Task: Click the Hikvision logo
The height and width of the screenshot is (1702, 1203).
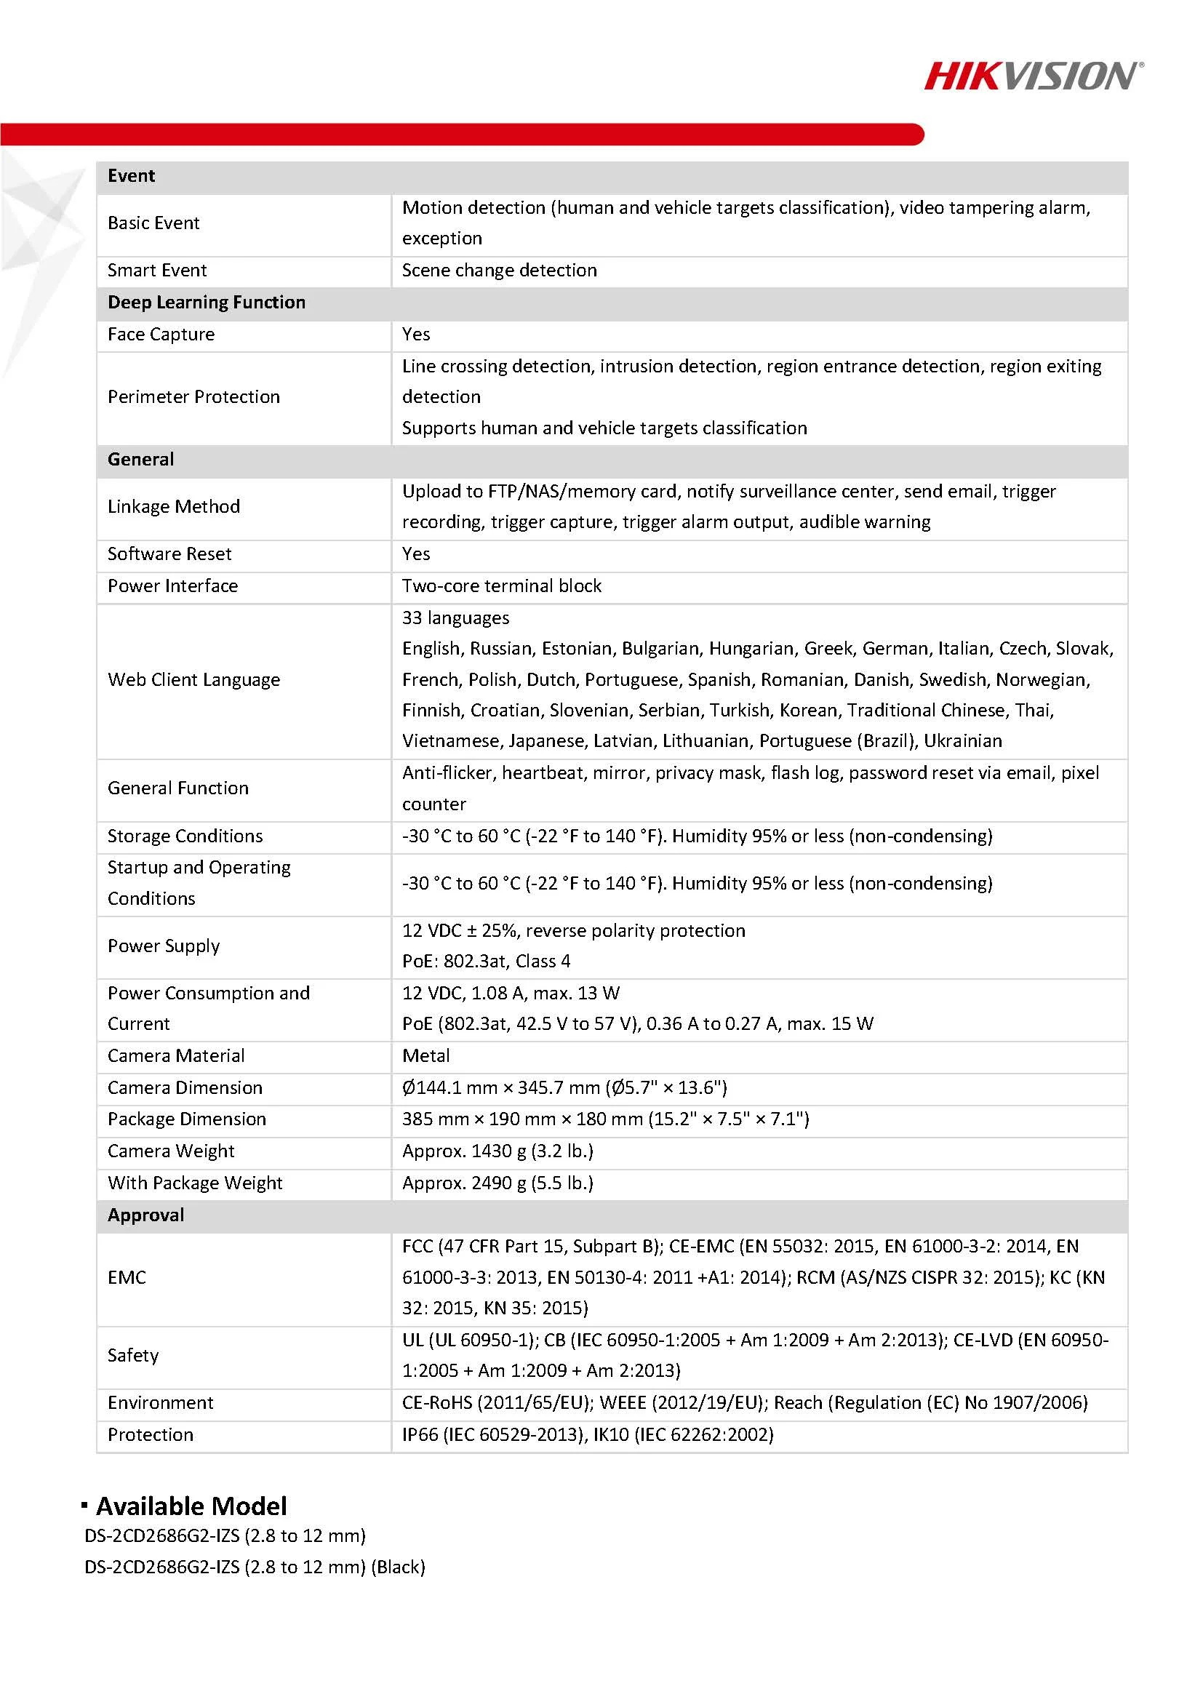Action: [x=1034, y=76]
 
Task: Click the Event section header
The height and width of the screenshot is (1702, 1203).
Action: [x=131, y=176]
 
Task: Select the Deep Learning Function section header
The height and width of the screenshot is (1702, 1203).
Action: [x=206, y=303]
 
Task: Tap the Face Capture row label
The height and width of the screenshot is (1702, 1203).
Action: [x=161, y=335]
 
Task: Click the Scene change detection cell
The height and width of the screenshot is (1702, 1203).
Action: [x=499, y=271]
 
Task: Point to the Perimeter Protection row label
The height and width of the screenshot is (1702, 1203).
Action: [x=193, y=397]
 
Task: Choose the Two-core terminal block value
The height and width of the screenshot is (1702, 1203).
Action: [x=501, y=586]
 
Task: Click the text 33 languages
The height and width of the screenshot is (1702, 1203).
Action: [x=455, y=618]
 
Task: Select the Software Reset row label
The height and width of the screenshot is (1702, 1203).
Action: [x=169, y=554]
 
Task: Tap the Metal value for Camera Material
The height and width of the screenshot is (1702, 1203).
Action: [x=425, y=1056]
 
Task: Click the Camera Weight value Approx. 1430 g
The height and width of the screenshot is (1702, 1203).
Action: [x=497, y=1151]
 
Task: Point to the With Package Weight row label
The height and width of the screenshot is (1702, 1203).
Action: [x=195, y=1183]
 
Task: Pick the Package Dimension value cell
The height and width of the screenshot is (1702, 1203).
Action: [x=605, y=1119]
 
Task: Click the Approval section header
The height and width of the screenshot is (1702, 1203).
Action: [x=145, y=1215]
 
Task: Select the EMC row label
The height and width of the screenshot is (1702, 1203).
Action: [x=127, y=1277]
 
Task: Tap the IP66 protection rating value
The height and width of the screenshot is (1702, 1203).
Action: [x=587, y=1434]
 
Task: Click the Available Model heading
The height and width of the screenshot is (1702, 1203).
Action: [x=191, y=1506]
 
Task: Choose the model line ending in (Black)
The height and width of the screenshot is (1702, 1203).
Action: [x=255, y=1567]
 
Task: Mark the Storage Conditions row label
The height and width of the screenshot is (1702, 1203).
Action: [x=185, y=836]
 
